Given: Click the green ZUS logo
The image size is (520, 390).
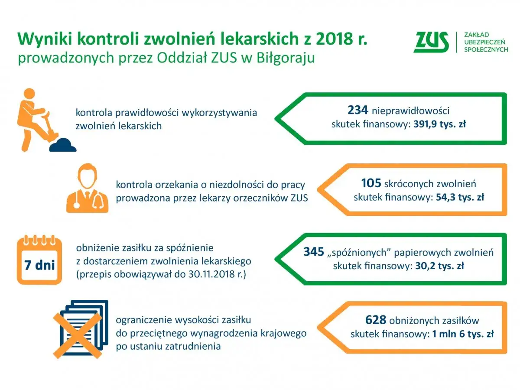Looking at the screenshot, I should tap(431, 42).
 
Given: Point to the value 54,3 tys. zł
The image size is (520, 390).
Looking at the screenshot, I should tap(459, 197).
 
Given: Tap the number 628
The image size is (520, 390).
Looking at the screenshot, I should tap(376, 320).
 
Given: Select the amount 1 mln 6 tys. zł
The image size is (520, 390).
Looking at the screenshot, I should tap(463, 335).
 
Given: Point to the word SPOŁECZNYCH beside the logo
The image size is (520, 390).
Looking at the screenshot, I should tap(486, 50).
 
